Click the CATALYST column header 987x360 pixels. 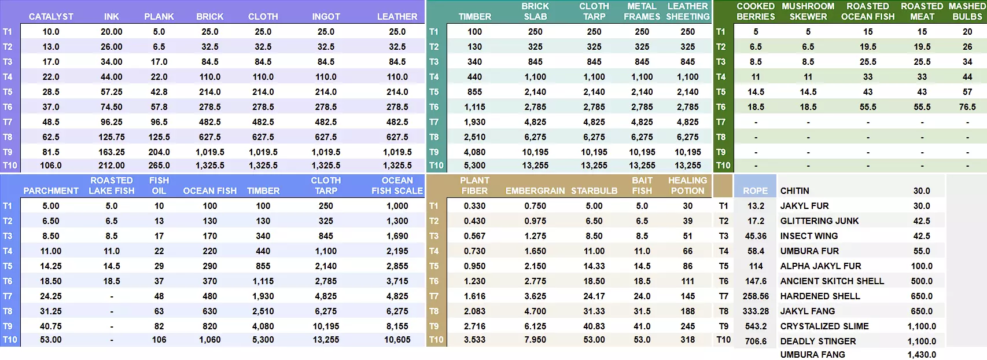coord(51,17)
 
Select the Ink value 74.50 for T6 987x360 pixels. coord(112,107)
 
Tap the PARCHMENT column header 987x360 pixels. coord(51,191)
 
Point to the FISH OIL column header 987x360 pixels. coord(159,186)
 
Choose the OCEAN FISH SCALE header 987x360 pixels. coord(397,186)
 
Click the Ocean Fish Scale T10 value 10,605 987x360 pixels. coord(397,340)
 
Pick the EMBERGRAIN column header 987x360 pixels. coord(535,191)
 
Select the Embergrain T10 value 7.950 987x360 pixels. coord(535,340)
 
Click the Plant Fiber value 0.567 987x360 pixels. coord(475,236)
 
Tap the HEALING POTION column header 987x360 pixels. coord(687,186)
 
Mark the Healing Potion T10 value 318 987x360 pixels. coord(687,340)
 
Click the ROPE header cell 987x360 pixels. coord(756,191)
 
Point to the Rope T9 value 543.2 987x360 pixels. coord(756,326)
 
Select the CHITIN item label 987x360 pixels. coord(795,191)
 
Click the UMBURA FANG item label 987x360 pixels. coord(812,355)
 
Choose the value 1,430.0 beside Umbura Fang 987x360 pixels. coord(922,355)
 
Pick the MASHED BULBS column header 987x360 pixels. coord(967,12)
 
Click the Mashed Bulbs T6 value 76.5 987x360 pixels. coord(967,107)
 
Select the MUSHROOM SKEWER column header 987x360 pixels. coord(808,12)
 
